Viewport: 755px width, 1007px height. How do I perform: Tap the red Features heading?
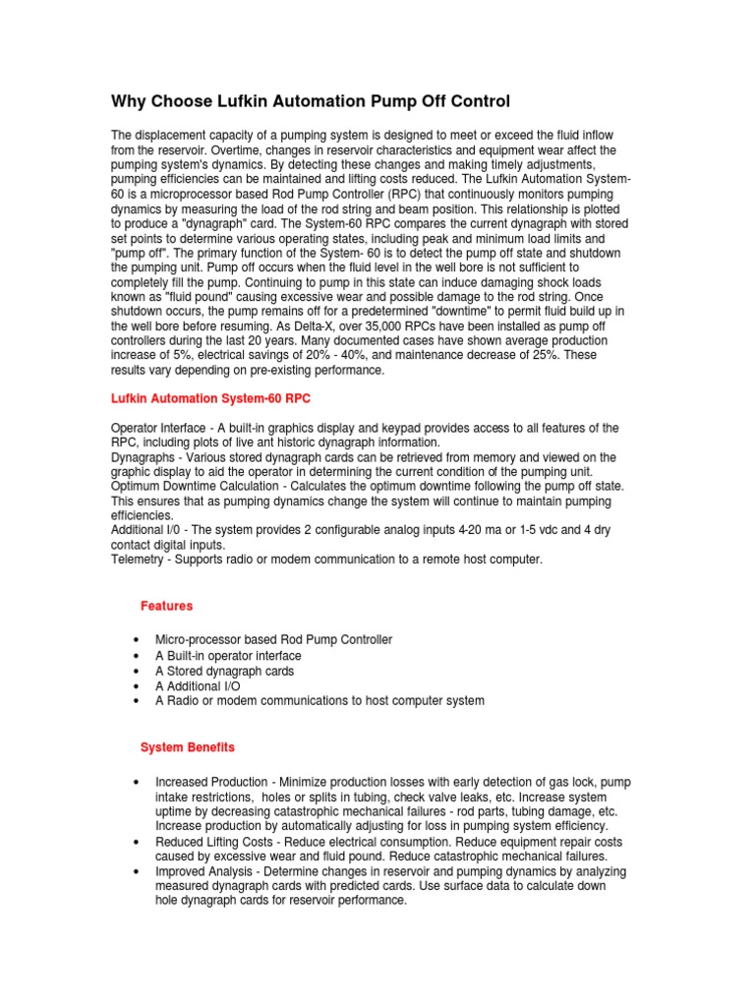pyautogui.click(x=166, y=606)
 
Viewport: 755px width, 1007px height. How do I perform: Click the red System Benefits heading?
pyautogui.click(x=188, y=747)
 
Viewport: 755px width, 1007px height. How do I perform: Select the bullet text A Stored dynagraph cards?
pyautogui.click(x=225, y=671)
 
